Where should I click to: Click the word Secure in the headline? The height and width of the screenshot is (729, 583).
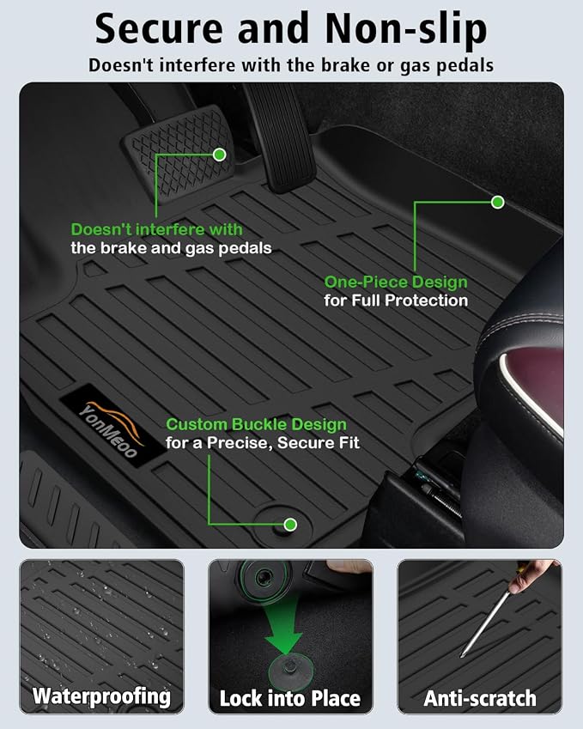pos(159,29)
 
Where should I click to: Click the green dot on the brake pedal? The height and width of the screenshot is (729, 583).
pos(220,155)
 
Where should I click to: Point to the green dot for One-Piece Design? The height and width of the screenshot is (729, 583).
pos(498,202)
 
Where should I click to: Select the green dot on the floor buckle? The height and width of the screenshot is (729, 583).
pos(290,525)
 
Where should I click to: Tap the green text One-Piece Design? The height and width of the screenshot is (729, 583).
pos(396,282)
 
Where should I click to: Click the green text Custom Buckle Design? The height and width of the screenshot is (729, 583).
pos(256,424)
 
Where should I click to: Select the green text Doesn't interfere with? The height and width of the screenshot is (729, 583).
pos(156,229)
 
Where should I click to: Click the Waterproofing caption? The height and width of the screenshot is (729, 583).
pos(102,697)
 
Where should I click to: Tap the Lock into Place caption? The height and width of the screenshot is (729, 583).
pos(290,698)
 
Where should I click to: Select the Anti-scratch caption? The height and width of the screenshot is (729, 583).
pos(480,698)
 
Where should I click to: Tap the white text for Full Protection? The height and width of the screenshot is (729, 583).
pos(396,301)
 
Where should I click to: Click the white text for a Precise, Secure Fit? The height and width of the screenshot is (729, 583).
pos(263,443)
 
